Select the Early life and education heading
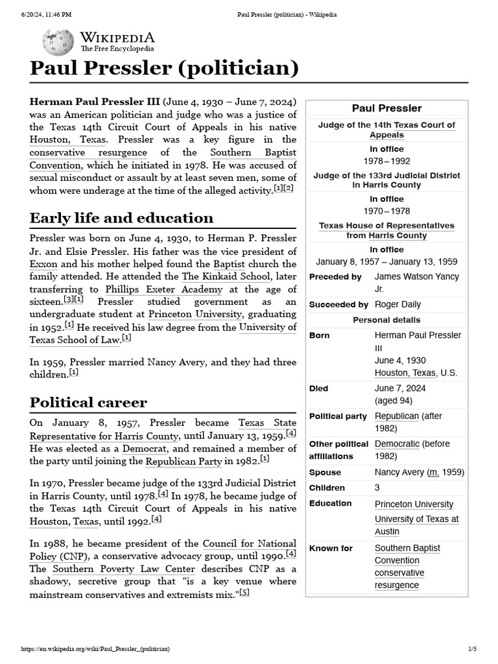pos(121,217)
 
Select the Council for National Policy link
pos(249,543)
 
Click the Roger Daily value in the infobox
pos(397,304)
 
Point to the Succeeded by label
pos(338,304)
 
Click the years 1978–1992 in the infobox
pos(386,161)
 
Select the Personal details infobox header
pos(386,320)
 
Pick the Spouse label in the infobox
pos(325,473)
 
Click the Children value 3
pos(377,488)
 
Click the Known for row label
pos(331,548)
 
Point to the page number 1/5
pos(472,648)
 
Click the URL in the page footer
pos(95,648)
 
